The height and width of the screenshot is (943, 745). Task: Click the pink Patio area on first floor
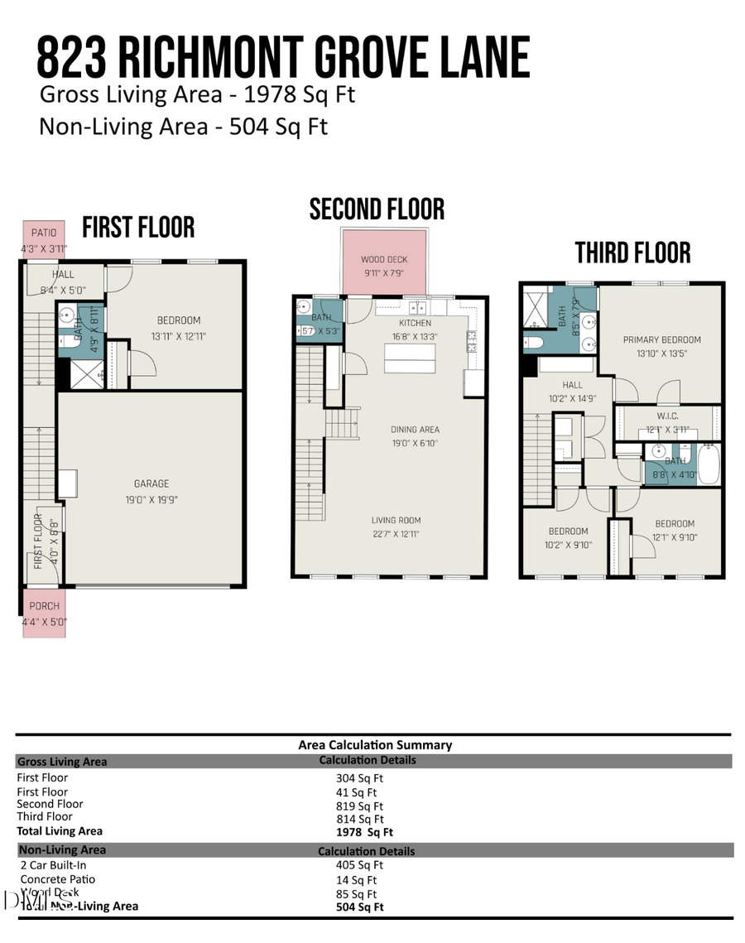tap(43, 239)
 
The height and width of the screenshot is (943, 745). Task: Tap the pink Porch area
tap(44, 613)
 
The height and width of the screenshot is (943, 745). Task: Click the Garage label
tap(151, 484)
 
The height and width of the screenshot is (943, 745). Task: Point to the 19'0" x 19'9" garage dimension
tap(151, 499)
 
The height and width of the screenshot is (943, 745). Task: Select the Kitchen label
tap(415, 323)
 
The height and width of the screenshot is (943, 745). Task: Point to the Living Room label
tap(396, 521)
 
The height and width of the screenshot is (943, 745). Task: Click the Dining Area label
tap(415, 430)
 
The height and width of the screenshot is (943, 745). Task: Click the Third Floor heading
tap(632, 253)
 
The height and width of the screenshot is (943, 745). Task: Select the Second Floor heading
tap(377, 209)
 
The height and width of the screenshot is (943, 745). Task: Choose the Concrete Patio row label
tap(58, 879)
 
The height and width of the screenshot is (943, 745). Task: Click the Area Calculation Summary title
tap(375, 745)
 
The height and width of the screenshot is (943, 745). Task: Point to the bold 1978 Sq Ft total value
tap(364, 832)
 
